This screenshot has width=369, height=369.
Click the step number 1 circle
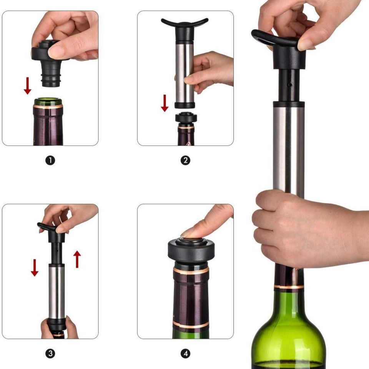tap(50, 161)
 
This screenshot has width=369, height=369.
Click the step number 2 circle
tap(185, 161)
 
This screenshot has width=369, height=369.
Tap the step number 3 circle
tap(50, 354)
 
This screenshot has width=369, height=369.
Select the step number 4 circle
tap(185, 354)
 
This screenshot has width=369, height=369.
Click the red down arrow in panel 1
tap(27, 85)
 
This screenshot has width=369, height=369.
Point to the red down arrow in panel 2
tap(165, 103)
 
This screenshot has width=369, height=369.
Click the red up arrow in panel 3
tap(77, 259)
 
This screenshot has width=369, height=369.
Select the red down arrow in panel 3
tap(35, 268)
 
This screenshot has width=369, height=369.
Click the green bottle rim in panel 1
tap(48, 102)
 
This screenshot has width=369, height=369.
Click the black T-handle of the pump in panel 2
tap(184, 23)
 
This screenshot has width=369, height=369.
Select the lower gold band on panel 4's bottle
tap(191, 325)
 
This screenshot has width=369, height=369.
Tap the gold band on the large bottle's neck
tap(289, 287)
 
